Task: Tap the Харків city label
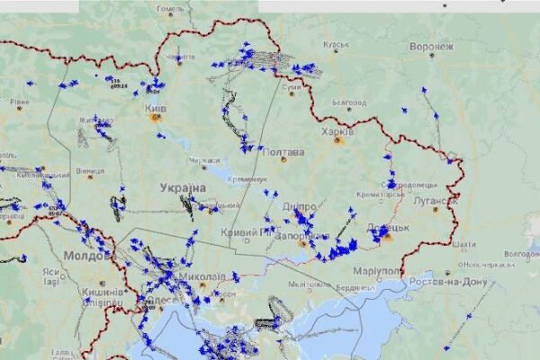point(337,130)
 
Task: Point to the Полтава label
point(283,152)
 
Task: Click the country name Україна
point(183,187)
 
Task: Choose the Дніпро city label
point(299,207)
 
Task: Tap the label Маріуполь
point(377,271)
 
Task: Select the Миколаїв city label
point(202,277)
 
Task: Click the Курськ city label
point(336,44)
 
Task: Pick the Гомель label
point(170,10)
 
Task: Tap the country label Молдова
point(87,255)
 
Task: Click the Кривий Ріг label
point(247,232)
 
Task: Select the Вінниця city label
point(89,170)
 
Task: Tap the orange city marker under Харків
point(338,140)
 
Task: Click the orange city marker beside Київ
point(156,117)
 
